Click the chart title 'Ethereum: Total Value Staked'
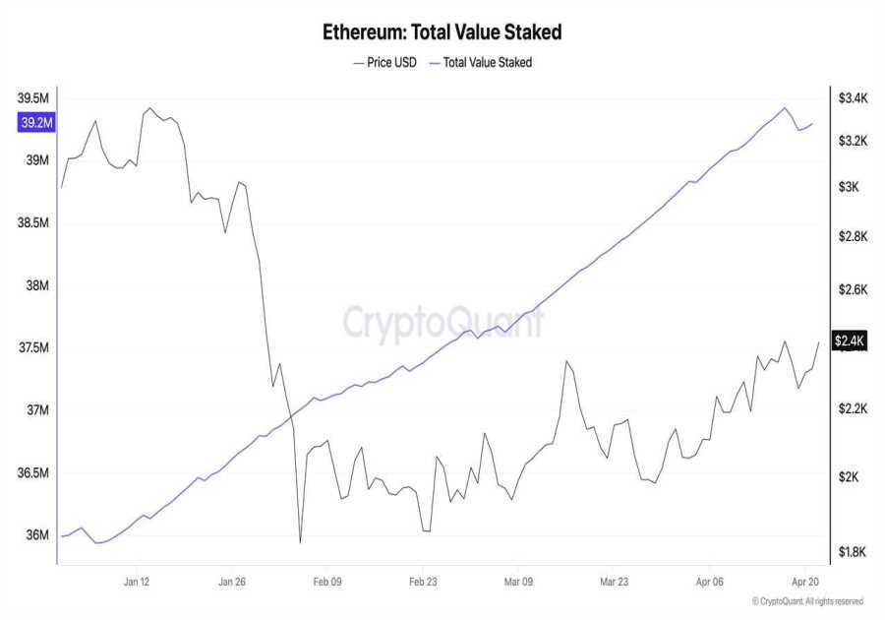442,31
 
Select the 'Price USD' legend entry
384,62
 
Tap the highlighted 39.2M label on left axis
35,123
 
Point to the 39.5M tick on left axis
33,98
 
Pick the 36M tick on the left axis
36,535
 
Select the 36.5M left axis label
33,473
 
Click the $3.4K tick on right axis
852,98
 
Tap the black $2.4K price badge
850,341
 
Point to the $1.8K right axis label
852,552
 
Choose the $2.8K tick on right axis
852,236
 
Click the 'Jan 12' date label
138,582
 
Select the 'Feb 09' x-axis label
327,582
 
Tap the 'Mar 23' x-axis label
614,582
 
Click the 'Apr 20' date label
804,582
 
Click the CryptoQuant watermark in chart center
442,322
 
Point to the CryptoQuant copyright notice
807,601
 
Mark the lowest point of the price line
300,541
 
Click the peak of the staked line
784,108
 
